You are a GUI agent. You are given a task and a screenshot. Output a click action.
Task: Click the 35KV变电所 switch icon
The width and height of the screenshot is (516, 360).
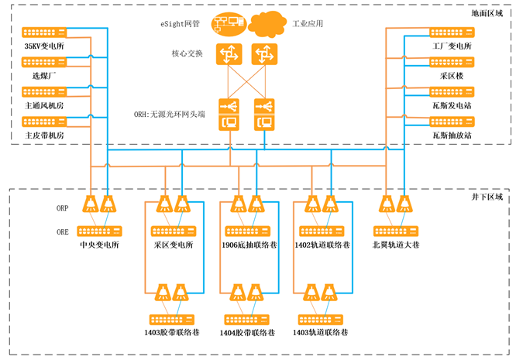tap(44, 33)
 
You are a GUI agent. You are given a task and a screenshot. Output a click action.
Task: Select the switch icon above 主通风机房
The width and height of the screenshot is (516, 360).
tap(44, 92)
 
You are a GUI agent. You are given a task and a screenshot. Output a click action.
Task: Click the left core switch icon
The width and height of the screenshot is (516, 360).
tap(229, 54)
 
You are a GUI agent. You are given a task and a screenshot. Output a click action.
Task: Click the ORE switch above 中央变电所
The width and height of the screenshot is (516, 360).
tap(99, 231)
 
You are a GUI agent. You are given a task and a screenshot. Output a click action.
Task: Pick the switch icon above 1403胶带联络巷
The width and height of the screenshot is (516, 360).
tap(173, 318)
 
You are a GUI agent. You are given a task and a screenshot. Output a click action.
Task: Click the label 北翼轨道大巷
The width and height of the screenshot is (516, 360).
tap(396, 245)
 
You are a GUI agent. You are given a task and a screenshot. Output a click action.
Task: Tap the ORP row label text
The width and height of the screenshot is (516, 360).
tap(63, 208)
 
